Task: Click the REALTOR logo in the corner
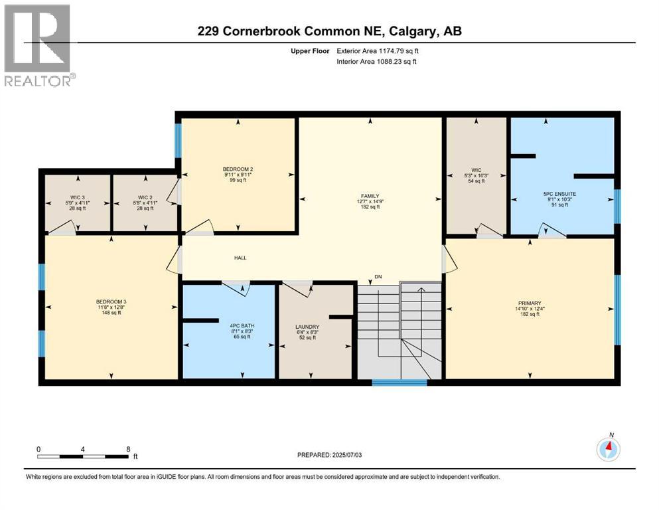coord(38,45)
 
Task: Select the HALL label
coord(240,258)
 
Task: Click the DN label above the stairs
coord(378,276)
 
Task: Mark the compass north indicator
coord(609,448)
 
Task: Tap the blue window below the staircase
coord(399,382)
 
